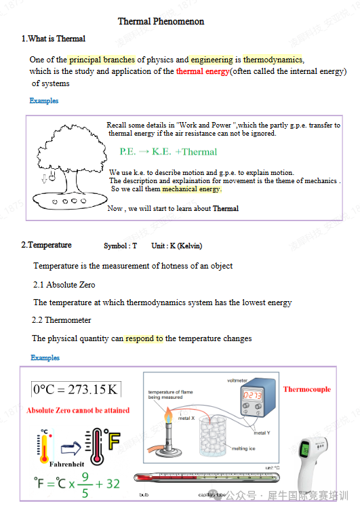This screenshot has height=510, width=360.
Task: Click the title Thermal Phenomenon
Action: (161, 22)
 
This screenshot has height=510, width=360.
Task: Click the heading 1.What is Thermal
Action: (54, 39)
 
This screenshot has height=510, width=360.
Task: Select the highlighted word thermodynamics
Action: (273, 60)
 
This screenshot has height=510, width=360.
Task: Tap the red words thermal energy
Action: (203, 71)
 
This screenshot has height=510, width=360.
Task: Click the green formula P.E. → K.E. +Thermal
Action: (168, 152)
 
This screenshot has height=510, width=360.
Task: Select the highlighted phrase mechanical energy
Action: (191, 189)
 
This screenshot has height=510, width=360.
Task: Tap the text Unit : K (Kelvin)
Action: (176, 246)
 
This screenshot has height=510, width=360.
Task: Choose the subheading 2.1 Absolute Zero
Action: (64, 285)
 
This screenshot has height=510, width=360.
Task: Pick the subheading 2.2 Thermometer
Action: (62, 320)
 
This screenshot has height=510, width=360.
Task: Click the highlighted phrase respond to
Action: (144, 338)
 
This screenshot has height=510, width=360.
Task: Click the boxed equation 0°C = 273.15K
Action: (76, 389)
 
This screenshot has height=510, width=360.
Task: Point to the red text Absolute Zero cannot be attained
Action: (78, 410)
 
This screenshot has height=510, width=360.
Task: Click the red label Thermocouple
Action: (306, 389)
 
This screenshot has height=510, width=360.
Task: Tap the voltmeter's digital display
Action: (252, 394)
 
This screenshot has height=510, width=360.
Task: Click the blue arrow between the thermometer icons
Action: (71, 447)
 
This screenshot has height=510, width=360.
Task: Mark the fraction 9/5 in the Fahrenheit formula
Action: (85, 484)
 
